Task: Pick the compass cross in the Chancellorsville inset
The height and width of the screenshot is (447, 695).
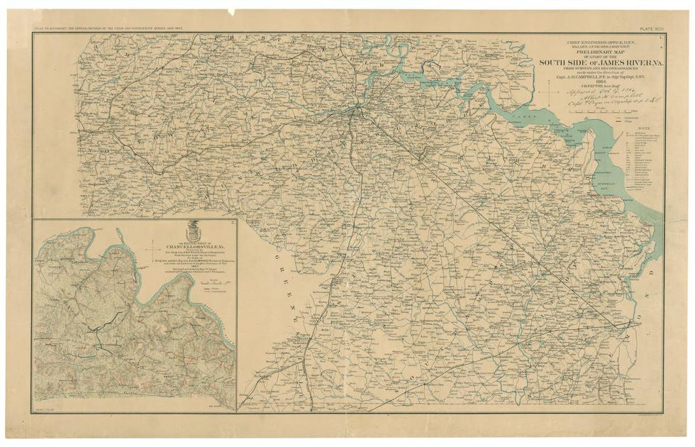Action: click(x=155, y=250)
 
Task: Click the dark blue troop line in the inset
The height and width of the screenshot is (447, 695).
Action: click(x=99, y=326)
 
